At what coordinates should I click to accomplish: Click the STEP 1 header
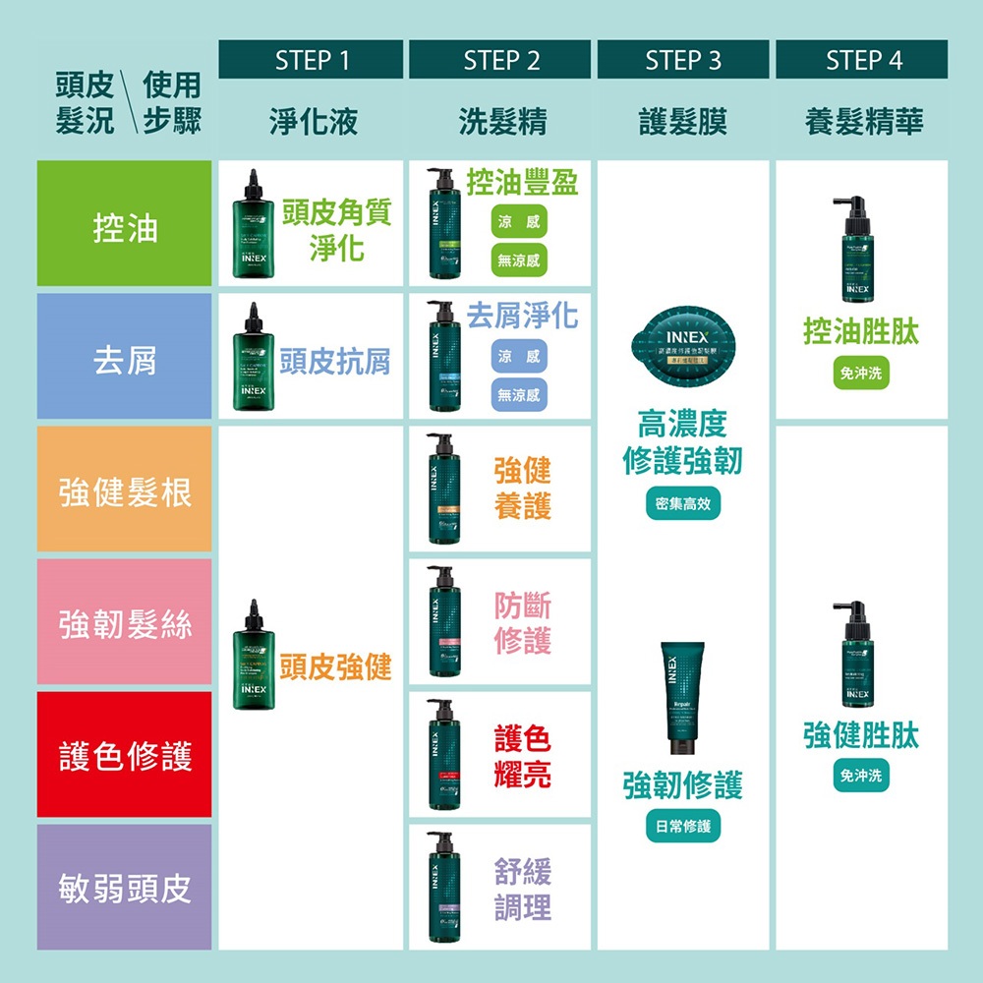(x=311, y=60)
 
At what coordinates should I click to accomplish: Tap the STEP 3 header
(x=683, y=60)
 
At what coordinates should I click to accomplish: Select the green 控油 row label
(x=125, y=226)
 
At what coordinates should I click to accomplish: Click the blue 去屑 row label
(x=125, y=359)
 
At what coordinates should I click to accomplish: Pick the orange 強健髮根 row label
(x=125, y=491)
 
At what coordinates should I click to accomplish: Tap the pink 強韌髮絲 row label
(x=125, y=623)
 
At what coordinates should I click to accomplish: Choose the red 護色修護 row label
(x=125, y=756)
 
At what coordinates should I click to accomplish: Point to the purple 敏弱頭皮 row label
(x=125, y=889)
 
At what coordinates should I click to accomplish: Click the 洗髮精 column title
(x=502, y=122)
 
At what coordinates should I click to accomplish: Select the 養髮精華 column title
(x=863, y=122)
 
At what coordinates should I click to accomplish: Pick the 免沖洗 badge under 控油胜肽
(x=861, y=374)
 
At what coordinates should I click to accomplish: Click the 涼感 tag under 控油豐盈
(x=520, y=223)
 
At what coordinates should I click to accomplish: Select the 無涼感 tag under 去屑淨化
(x=520, y=394)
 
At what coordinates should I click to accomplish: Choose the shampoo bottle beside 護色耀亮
(x=439, y=754)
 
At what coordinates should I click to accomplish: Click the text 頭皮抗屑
(x=334, y=361)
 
